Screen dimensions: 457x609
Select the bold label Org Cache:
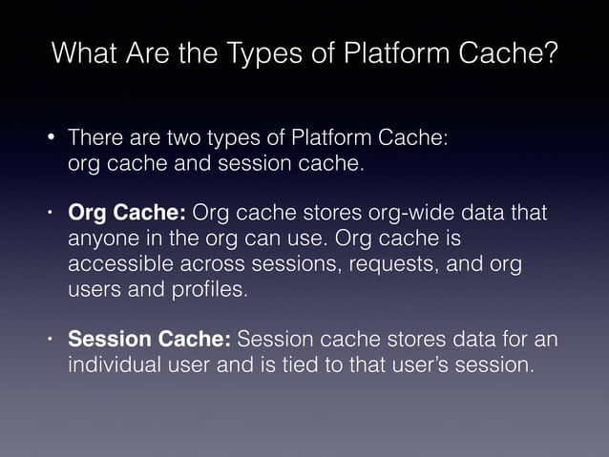click(x=128, y=212)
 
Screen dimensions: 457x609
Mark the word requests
click(x=358, y=263)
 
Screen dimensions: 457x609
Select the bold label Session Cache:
click(x=149, y=340)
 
